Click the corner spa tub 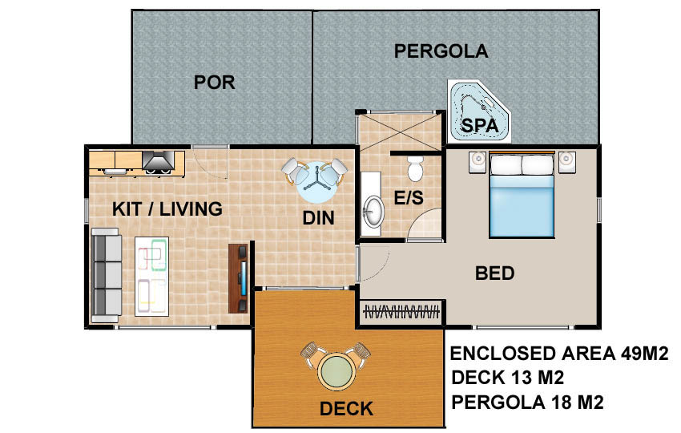(x=479, y=111)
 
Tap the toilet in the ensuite (x=415, y=168)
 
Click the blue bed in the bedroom (x=522, y=195)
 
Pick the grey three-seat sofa (x=107, y=275)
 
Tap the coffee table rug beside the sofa (x=151, y=276)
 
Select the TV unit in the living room (x=238, y=278)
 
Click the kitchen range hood (x=159, y=160)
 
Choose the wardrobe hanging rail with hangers (x=401, y=312)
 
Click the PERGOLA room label (x=441, y=51)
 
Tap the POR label (x=214, y=82)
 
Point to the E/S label (x=409, y=198)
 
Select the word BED (x=494, y=273)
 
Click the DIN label (x=318, y=218)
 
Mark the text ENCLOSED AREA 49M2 (x=559, y=354)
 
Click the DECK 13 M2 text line (x=508, y=378)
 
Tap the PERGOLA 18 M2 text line (x=528, y=403)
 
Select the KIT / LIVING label (x=167, y=209)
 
